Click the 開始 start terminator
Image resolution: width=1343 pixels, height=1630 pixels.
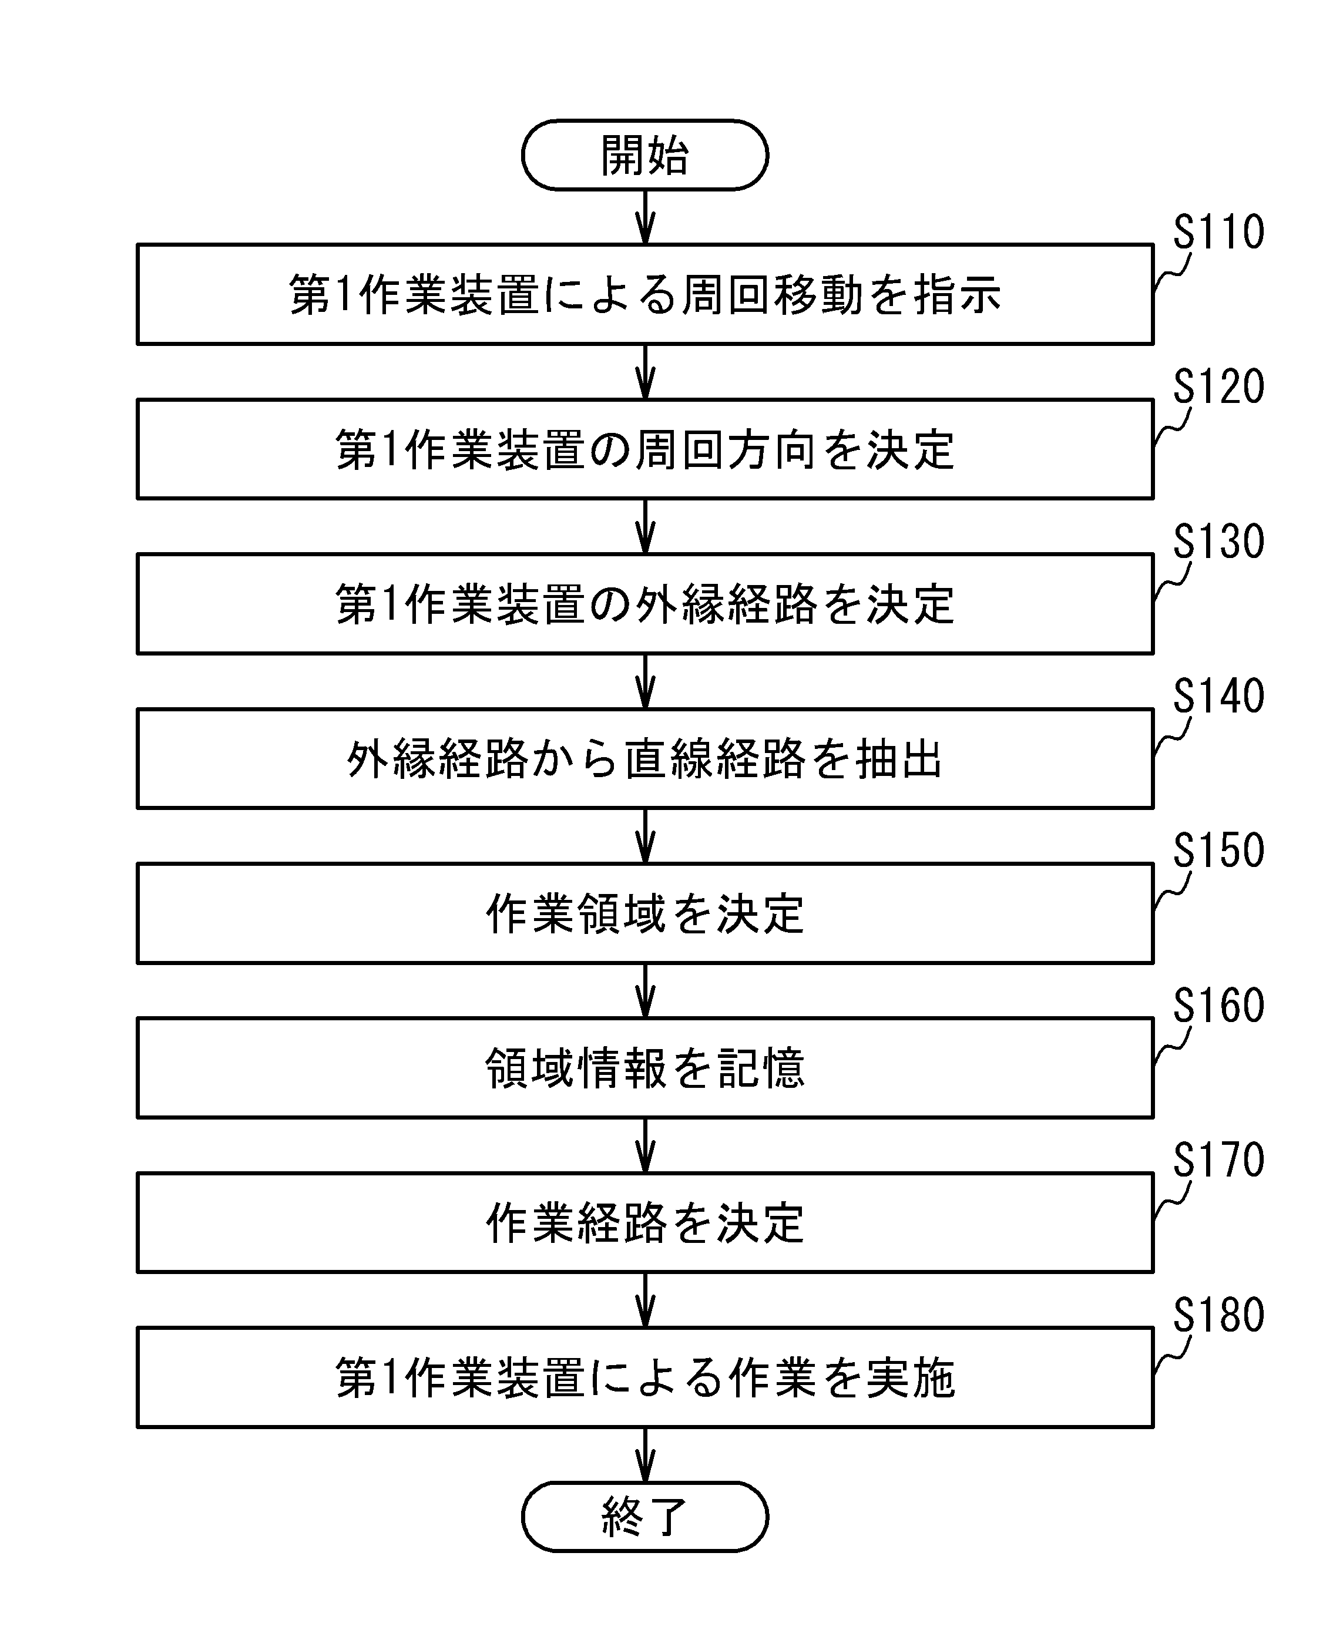644,154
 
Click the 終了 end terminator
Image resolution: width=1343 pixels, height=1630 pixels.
644,1517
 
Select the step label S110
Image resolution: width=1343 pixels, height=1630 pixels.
1218,231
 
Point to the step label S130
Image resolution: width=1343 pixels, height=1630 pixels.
1218,541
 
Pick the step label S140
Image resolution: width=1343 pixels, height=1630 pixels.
1218,695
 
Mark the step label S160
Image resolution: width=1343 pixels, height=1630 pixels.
1218,1005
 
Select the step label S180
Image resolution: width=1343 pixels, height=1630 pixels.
1218,1315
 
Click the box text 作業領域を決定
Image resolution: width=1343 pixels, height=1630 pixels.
645,913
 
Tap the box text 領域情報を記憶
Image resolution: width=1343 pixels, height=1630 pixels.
645,1068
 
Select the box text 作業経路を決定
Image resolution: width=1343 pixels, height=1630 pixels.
645,1223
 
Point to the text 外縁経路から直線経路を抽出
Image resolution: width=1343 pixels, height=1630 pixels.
644,759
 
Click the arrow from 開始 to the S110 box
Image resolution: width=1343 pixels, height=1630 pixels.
645,217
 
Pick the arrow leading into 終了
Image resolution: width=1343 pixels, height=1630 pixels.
645,1454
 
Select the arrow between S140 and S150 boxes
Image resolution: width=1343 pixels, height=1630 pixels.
645,836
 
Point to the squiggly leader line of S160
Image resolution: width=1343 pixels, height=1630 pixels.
1171,1045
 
